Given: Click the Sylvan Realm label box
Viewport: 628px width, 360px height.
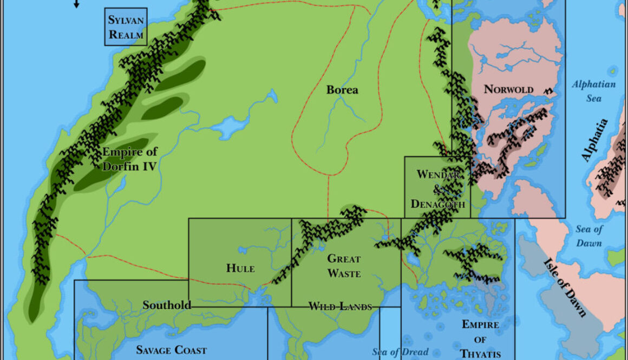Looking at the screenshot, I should tap(126, 27).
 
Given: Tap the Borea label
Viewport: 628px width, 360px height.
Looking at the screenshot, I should tap(342, 90).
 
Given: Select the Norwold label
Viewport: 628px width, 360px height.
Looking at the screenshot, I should tap(508, 89).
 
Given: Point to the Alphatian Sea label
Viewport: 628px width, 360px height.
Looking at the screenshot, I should tap(594, 91).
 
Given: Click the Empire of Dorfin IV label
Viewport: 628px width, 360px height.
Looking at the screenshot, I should tap(130, 159).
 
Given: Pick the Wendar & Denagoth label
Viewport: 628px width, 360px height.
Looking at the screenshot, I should tap(437, 189).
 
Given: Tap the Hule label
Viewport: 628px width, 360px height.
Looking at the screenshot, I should tap(240, 268).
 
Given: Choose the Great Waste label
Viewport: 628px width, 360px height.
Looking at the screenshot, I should tap(344, 266).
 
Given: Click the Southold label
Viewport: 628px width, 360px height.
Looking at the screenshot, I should tap(167, 305).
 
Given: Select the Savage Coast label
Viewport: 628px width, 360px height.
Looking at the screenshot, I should tap(171, 350).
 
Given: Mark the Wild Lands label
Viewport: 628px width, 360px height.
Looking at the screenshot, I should tap(340, 307).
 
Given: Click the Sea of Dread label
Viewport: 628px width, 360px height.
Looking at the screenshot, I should tap(400, 352).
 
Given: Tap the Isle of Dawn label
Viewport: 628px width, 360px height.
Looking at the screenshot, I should tap(565, 287).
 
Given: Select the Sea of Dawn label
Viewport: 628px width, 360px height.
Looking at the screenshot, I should tap(588, 236).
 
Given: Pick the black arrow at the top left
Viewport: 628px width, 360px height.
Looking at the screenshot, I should tap(76, 4).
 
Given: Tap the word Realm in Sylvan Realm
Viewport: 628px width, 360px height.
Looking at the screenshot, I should tap(127, 35).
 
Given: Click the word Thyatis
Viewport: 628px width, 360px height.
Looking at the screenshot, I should tap(481, 354).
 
